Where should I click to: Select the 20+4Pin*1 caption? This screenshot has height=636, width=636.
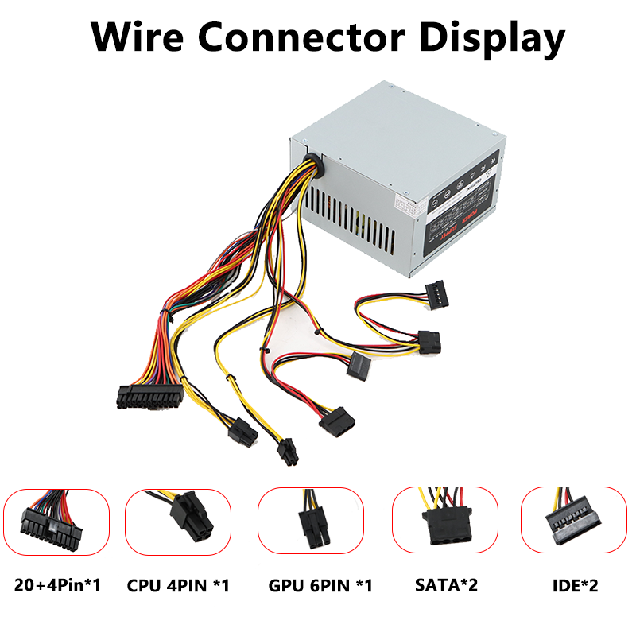(x=56, y=586)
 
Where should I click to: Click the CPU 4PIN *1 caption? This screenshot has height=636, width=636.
(x=178, y=586)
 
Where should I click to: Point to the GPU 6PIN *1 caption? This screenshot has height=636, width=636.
(x=320, y=586)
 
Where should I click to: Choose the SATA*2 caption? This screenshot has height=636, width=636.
(x=446, y=586)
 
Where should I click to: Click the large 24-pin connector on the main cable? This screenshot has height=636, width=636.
(x=149, y=394)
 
